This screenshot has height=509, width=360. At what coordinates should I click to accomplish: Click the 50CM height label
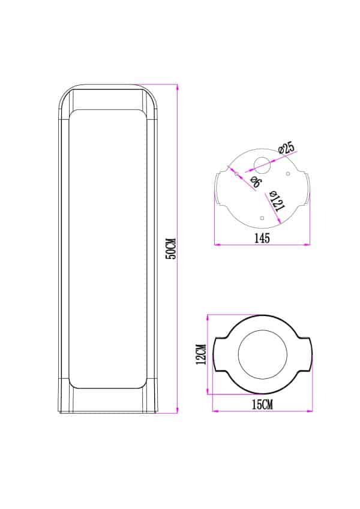point(171,249)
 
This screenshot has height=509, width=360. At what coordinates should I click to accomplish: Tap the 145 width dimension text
point(262,238)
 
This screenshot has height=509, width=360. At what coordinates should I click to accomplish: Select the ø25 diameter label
point(287,148)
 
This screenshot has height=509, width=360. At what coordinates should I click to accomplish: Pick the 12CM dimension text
point(201,354)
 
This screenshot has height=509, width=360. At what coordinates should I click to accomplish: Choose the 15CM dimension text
point(262,405)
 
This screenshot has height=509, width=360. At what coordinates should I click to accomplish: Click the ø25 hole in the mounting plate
point(262,165)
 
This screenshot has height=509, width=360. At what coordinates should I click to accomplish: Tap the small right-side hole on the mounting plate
point(288,174)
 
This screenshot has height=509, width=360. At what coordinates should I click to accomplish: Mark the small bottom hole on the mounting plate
point(262,218)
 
